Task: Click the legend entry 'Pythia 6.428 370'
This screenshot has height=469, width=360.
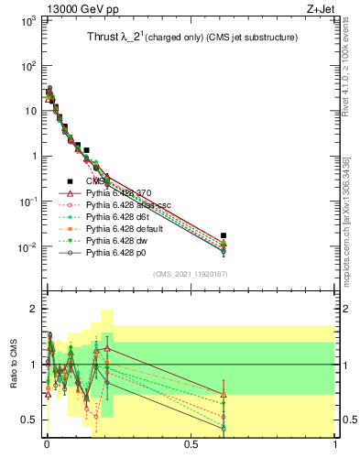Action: point(123,193)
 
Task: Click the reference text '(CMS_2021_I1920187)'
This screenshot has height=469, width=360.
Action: point(191,274)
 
